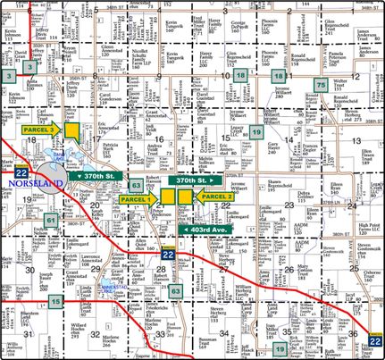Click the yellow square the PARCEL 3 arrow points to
[74, 130]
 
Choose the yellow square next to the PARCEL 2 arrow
[185, 196]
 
